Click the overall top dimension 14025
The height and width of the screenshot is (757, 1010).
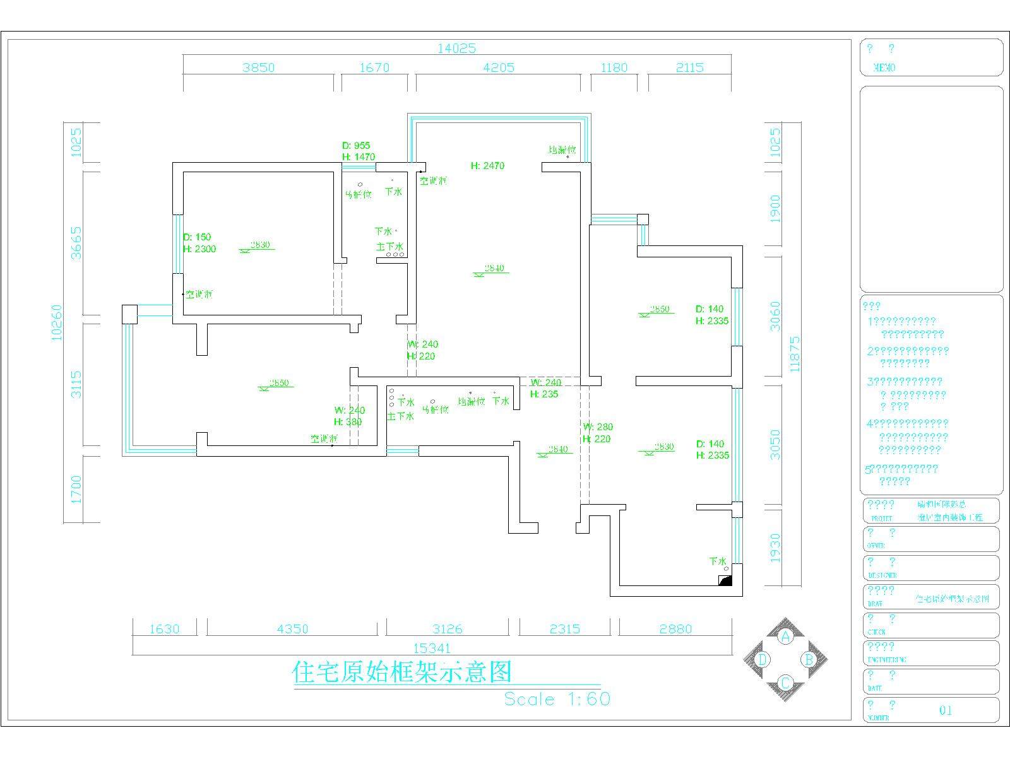[x=456, y=48]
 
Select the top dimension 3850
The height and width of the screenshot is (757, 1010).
[x=258, y=67]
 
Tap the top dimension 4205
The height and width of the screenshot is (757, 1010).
[x=498, y=67]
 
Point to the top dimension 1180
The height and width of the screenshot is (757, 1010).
[x=614, y=67]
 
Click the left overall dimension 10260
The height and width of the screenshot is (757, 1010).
[x=57, y=322]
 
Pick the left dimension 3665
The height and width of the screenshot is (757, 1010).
[x=75, y=243]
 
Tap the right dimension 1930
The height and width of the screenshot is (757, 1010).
[x=775, y=548]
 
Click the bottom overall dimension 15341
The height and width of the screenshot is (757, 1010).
[x=432, y=648]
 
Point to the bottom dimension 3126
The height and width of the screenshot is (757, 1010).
[x=447, y=629]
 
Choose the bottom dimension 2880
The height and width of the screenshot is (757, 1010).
[x=675, y=629]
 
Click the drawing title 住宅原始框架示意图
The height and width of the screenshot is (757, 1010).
[x=402, y=672]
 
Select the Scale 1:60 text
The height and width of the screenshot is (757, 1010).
[x=557, y=699]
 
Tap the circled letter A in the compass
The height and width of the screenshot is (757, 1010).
[x=785, y=637]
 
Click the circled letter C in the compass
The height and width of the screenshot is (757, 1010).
[x=785, y=683]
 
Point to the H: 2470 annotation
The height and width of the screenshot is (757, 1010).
[x=487, y=166]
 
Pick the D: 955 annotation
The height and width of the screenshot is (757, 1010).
[x=356, y=146]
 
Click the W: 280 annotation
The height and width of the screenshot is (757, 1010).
[x=598, y=427]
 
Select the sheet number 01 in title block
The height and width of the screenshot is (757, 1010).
[x=946, y=710]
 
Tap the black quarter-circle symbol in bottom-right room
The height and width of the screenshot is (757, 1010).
[x=725, y=580]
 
